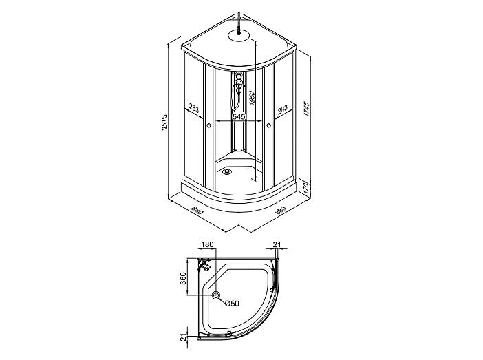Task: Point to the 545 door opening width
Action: (x=239, y=117)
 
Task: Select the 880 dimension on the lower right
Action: (x=280, y=211)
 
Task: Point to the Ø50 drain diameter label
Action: (x=231, y=304)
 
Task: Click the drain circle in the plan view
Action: (x=217, y=296)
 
